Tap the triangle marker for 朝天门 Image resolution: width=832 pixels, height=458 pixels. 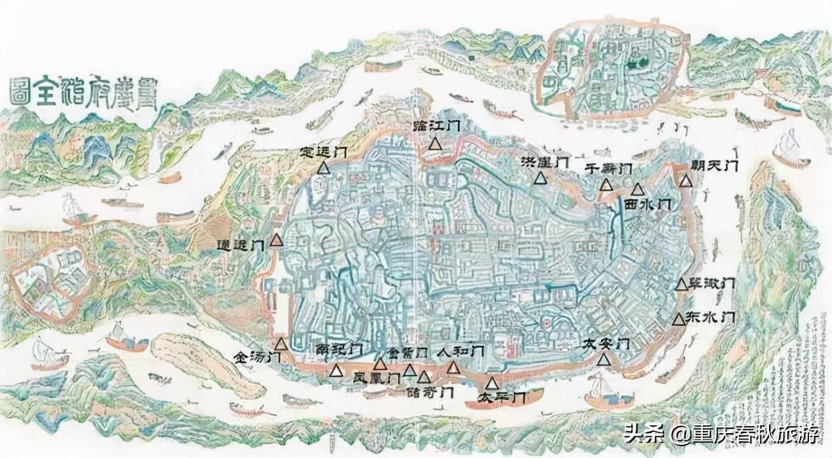(x=686, y=180)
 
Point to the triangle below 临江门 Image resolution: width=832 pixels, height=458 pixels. (x=434, y=144)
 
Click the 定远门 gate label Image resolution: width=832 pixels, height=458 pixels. (x=323, y=152)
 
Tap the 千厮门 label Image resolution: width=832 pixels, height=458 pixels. (x=608, y=168)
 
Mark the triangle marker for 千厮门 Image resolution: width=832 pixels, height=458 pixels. (x=606, y=185)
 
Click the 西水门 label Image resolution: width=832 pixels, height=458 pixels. (x=647, y=205)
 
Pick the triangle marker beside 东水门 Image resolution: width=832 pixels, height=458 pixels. (x=679, y=319)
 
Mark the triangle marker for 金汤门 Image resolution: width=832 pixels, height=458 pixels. (x=281, y=344)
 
